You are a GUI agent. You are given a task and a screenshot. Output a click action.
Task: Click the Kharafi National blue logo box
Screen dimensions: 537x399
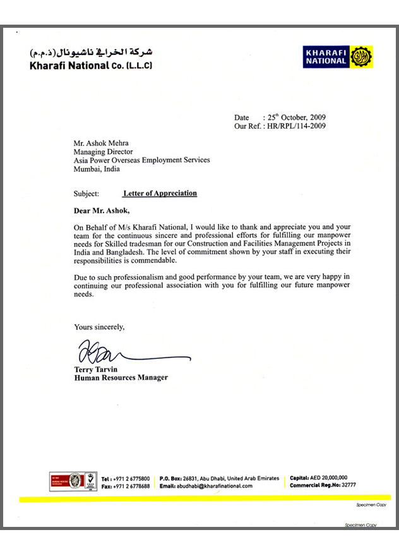326,57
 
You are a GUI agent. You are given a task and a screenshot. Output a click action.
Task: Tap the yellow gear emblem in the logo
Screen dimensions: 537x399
360,57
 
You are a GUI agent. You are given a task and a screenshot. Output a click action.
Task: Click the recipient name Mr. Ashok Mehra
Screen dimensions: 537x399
101,143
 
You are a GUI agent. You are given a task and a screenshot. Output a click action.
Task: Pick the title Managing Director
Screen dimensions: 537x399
103,152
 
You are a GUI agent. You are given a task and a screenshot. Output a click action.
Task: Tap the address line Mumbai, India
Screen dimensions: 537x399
97,169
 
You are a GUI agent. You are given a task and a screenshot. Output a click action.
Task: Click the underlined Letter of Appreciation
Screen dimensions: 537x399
160,193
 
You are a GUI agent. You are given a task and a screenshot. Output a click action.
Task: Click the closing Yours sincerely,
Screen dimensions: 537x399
100,327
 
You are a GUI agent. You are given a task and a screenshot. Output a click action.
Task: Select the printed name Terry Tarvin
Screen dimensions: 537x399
97,369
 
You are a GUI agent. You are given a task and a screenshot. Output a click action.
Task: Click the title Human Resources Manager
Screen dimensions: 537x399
121,378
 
